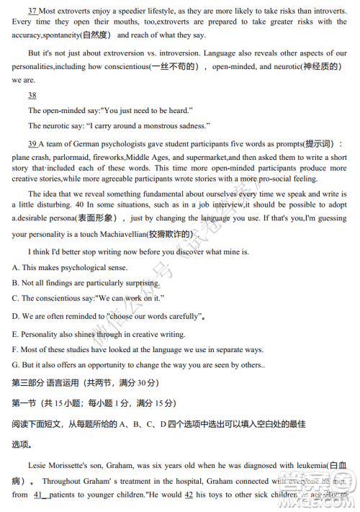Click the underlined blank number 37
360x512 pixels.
(x=32, y=12)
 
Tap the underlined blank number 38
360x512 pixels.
(x=32, y=96)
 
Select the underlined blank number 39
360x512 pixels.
(x=32, y=144)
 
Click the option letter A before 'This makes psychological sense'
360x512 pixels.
(x=15, y=268)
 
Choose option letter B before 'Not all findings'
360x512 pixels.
(x=15, y=283)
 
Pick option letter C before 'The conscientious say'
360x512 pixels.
(x=15, y=298)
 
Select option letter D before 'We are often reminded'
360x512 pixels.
(x=15, y=315)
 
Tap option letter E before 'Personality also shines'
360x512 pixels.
(x=15, y=334)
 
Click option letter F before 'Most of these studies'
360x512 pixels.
(x=15, y=349)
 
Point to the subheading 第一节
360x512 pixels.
(x=27, y=403)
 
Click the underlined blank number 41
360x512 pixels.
(x=40, y=495)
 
